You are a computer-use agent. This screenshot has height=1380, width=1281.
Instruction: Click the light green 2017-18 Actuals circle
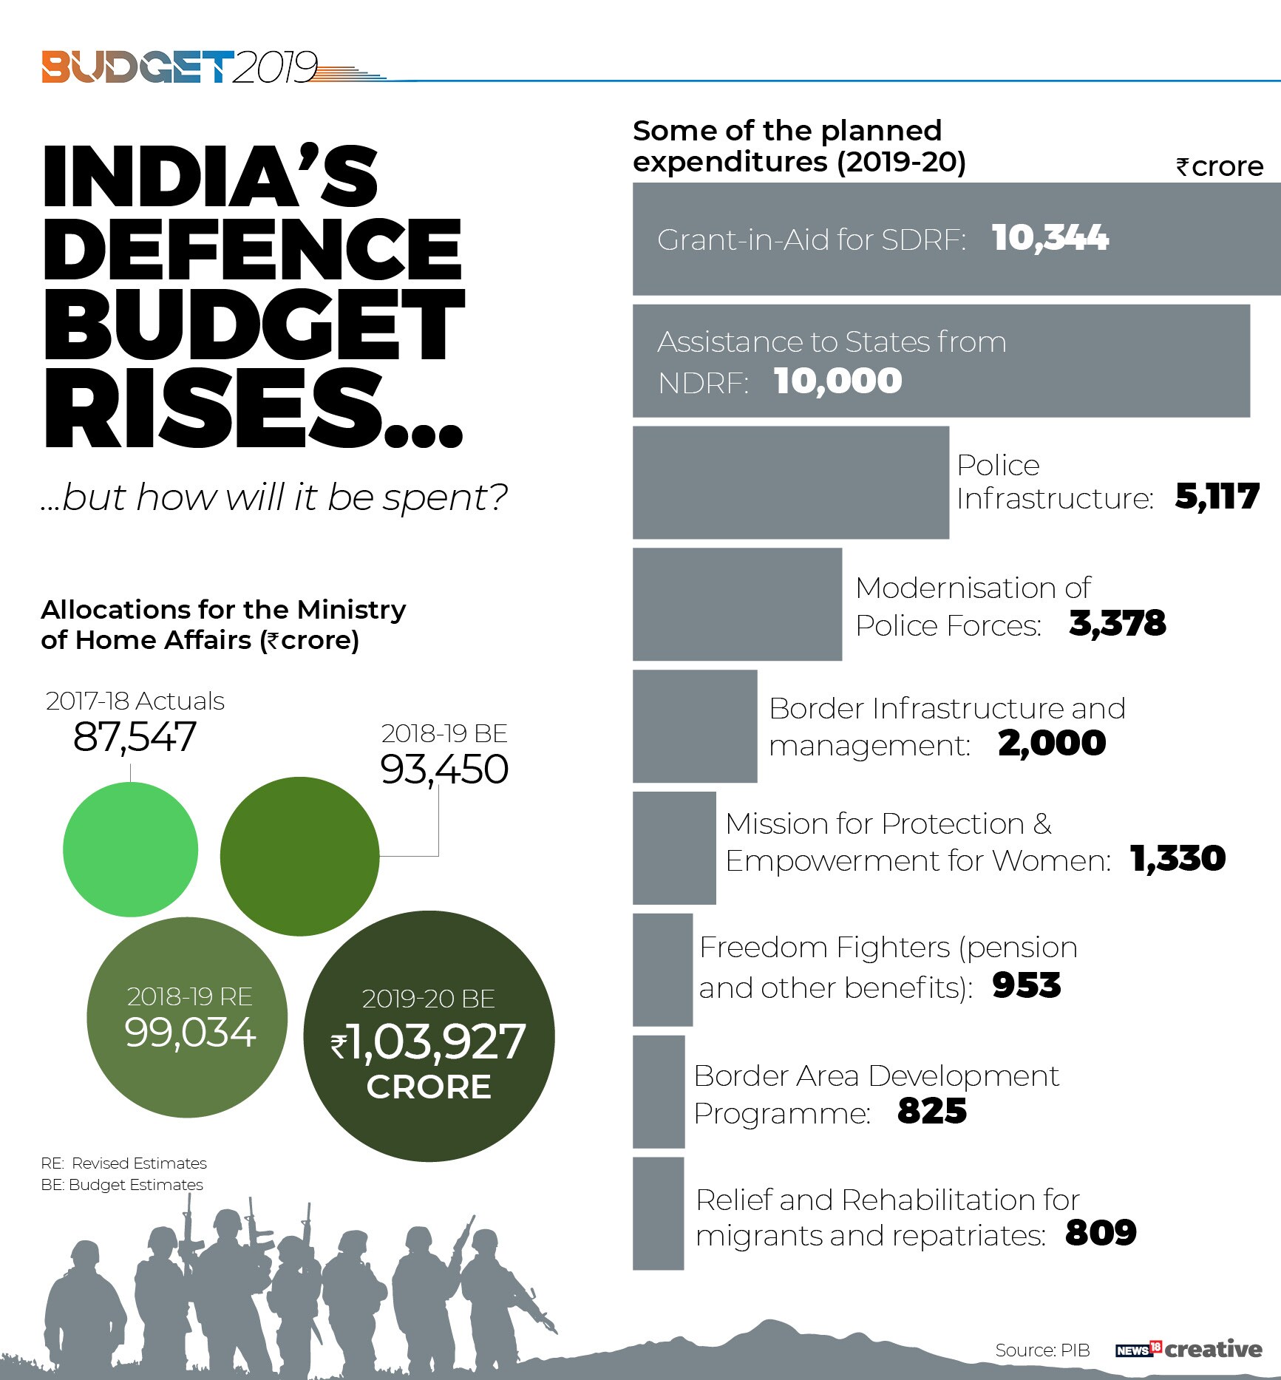coord(131,849)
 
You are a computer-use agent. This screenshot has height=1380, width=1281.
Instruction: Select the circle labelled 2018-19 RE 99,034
coord(187,1017)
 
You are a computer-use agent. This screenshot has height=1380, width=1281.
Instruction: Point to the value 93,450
coord(444,769)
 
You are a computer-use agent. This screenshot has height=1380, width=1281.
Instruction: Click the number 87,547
coord(135,737)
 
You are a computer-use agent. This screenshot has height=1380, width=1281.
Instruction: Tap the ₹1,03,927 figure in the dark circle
coord(429,1041)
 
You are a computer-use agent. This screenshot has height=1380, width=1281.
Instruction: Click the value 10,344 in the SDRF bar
coord(1050,238)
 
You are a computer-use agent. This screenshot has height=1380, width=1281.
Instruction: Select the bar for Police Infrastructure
coord(790,482)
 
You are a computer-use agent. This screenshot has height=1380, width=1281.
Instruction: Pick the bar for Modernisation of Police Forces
coord(737,604)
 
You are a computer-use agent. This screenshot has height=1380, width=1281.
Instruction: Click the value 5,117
coord(1217,497)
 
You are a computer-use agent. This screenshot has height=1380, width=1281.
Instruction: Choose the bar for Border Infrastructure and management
coord(695,726)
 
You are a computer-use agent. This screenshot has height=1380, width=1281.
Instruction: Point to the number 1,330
coord(1178,859)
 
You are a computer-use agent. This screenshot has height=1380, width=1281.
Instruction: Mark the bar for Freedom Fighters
coord(662,970)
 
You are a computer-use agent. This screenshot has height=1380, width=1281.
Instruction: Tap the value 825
coord(931,1111)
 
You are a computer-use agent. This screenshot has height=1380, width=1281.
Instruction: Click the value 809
coord(1101,1233)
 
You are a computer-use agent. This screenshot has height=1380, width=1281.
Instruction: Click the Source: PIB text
coord(1042,1350)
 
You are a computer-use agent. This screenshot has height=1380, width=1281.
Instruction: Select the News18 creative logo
coord(1189,1349)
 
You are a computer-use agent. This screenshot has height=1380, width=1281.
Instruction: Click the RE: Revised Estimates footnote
coord(123,1163)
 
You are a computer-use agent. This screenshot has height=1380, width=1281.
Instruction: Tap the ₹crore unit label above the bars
coord(1220,167)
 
